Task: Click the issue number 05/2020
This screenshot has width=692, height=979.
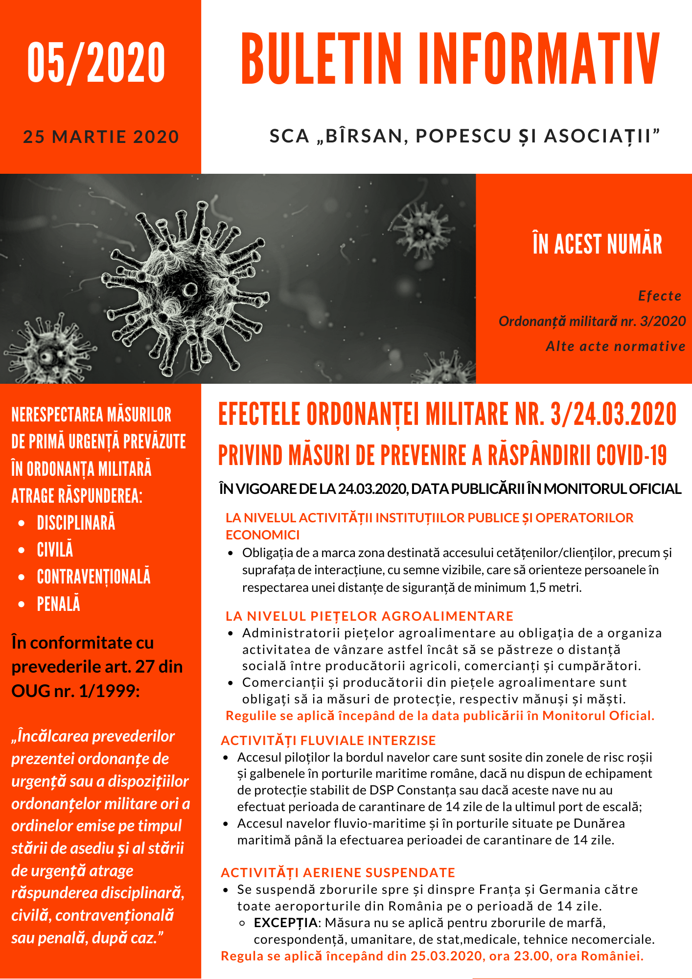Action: [x=96, y=62]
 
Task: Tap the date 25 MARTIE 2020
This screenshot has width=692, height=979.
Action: [x=101, y=137]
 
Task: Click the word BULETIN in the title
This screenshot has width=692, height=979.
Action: [x=321, y=59]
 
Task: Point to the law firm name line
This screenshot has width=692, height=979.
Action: [x=465, y=136]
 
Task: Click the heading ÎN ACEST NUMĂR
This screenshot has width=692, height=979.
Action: [x=597, y=244]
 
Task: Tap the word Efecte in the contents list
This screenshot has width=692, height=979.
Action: [x=660, y=296]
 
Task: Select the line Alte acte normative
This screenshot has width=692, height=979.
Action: [x=616, y=347]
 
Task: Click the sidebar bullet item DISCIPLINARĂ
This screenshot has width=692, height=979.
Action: [x=76, y=523]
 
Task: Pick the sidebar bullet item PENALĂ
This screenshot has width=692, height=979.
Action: [x=59, y=604]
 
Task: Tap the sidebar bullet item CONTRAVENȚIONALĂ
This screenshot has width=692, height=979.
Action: [x=94, y=577]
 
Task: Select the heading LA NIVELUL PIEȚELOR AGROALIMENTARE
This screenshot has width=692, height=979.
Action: [x=369, y=616]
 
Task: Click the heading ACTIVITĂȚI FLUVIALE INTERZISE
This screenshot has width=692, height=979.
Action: [x=328, y=741]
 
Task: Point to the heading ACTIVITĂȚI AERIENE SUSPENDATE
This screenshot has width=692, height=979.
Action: [x=338, y=873]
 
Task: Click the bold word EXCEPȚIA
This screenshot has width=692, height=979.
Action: [x=286, y=923]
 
